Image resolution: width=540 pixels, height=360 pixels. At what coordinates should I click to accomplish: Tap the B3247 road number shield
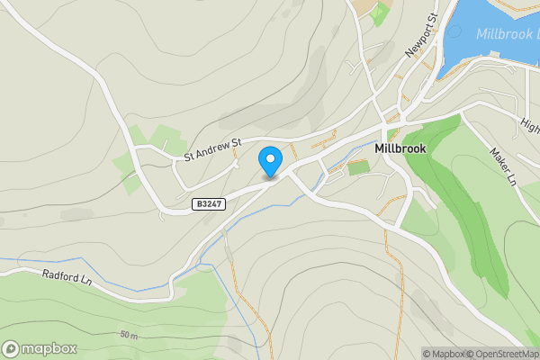pos(209,205)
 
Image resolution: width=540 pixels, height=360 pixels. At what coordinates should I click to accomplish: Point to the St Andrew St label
pos(213,148)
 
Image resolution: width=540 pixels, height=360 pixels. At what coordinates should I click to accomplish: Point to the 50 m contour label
pos(129,335)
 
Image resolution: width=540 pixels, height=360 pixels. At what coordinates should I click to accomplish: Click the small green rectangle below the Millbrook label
pos(358,167)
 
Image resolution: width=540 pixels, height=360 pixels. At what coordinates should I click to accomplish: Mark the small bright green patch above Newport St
pos(380,13)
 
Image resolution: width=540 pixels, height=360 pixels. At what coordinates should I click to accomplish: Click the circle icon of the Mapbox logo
pos(12,349)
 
